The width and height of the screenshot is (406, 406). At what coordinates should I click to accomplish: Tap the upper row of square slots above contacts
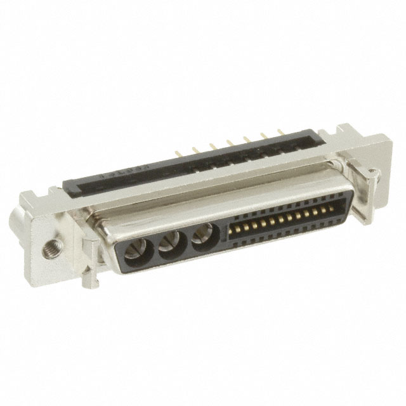[279, 210]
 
